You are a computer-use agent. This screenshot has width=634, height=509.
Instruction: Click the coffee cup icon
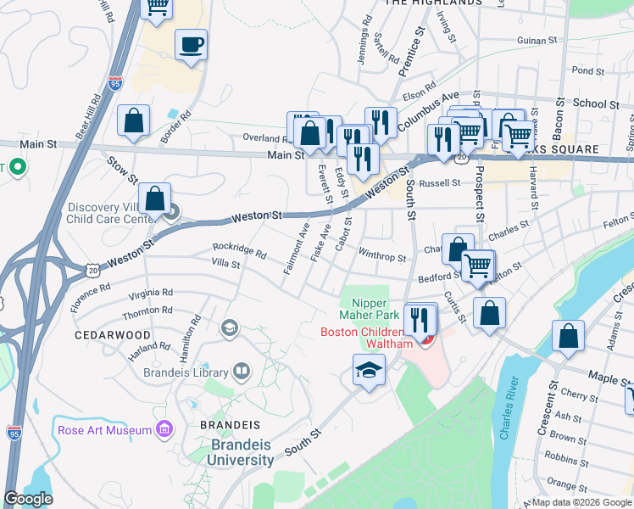coord(191,44)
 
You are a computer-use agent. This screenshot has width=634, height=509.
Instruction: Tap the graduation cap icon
coord(369,370)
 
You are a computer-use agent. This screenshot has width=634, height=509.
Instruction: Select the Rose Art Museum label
coord(104,430)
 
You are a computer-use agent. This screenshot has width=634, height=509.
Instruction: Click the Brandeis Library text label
coord(185,372)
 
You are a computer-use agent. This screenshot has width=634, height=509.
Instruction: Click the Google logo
coord(28,498)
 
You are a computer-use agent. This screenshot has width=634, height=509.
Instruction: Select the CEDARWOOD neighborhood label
coord(112,335)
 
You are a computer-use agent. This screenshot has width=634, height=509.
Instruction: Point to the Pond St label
coord(587,70)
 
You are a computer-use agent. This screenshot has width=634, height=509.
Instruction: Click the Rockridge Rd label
coord(239,254)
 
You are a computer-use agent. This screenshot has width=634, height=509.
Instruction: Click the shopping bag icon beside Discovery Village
coord(154,199)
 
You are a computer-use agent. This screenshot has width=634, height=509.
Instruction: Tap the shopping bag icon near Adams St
coord(568,335)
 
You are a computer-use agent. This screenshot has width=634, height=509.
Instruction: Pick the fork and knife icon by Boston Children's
coord(419,319)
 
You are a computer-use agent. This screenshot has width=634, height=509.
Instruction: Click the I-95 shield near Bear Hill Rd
coord(116,82)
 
